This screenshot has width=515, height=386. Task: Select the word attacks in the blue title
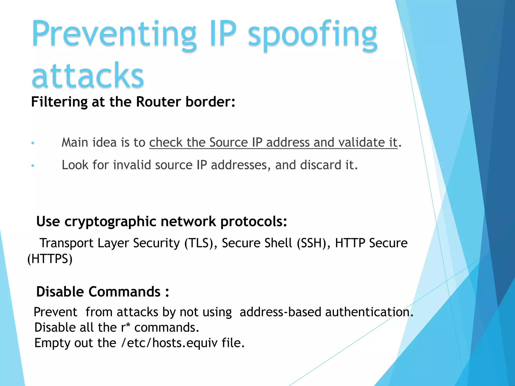coord(88,75)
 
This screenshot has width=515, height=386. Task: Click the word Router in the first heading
coord(158,102)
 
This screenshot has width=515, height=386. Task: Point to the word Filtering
coord(59,102)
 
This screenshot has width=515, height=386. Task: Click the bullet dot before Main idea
coord(33,143)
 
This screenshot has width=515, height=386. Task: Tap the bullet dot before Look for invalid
coord(33,166)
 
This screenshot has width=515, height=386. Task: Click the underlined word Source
coord(228,142)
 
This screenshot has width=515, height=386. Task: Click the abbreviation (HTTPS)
coord(50,259)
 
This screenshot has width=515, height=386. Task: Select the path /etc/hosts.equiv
coord(169,343)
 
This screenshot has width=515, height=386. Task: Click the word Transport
coord(67,243)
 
